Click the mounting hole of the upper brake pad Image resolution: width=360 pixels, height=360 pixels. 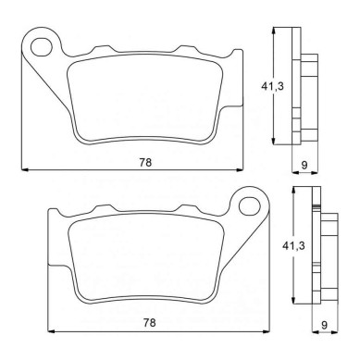pos(42,47)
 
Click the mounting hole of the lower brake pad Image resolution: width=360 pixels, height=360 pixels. pos(250,205)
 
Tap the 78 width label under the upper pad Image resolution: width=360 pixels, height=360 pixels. pos(145,162)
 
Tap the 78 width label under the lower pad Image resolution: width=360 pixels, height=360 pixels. pos(149,323)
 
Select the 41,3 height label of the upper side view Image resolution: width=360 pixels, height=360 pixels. pos(272,86)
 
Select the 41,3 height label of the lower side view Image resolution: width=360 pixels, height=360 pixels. pos(293,246)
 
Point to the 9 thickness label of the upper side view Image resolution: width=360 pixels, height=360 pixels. pos(304,165)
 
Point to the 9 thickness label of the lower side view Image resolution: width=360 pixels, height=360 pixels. pos(324,325)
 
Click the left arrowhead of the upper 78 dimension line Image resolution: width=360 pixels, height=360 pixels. pos(25,169)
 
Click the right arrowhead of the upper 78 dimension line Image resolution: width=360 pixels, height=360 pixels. pos(240,169)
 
